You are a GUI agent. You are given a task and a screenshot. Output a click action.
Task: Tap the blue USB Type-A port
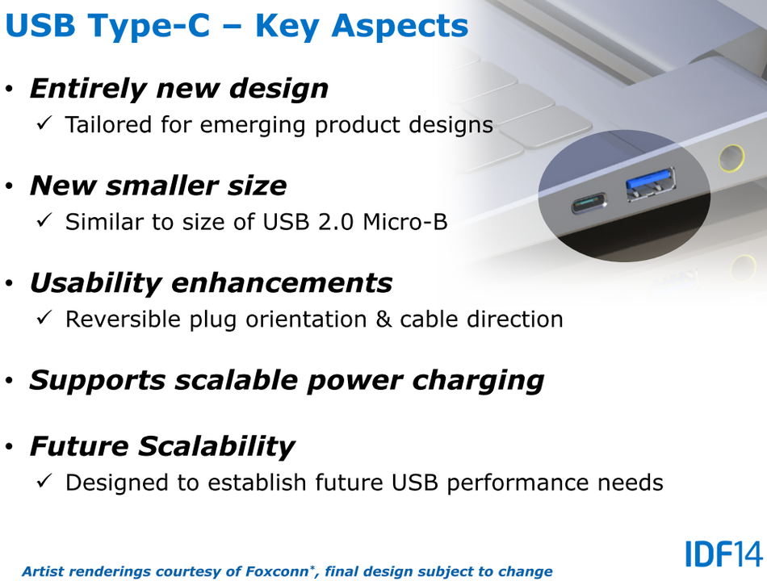coord(651,183)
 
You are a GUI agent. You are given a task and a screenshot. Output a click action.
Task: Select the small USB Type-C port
coord(589,203)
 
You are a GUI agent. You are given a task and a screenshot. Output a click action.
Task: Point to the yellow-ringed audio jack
coord(731,157)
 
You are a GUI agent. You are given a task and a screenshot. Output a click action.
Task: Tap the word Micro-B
coord(405,222)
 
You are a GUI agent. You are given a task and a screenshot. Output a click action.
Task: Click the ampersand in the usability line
coord(383,320)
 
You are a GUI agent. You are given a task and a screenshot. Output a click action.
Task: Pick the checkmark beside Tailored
coord(44,123)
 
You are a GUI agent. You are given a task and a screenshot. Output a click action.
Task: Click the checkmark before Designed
coord(44,481)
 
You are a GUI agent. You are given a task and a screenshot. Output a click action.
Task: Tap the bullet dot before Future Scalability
coord(10,446)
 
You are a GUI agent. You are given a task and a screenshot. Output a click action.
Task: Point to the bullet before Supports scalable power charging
coord(10,381)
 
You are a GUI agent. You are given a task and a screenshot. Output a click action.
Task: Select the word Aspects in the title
coord(400,27)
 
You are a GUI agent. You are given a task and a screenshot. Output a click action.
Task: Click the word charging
coord(478,382)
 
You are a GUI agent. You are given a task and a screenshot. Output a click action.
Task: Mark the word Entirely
coord(88,89)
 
